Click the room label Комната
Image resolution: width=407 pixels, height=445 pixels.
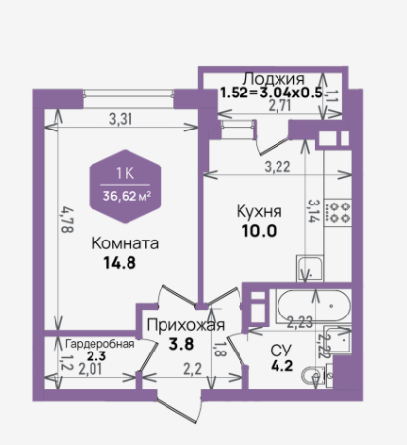click(x=126, y=243)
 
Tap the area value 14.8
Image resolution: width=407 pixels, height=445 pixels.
click(x=120, y=263)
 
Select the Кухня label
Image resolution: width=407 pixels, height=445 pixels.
click(x=259, y=211)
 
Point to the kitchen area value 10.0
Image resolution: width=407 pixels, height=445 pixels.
click(x=259, y=231)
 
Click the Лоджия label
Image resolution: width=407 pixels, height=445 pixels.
click(x=275, y=79)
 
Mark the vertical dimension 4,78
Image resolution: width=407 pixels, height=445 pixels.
click(x=68, y=220)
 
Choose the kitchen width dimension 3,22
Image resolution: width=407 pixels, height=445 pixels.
click(x=277, y=167)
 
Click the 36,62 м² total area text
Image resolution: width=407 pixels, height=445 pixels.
click(x=127, y=196)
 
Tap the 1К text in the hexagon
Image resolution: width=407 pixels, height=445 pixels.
click(x=125, y=174)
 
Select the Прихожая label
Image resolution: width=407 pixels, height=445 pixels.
click(x=186, y=325)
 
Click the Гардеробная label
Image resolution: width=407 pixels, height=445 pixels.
click(x=100, y=344)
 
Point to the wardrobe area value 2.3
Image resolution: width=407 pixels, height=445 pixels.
click(x=96, y=356)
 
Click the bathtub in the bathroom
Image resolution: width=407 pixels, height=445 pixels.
click(x=314, y=306)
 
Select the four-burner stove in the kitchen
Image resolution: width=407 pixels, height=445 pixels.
click(x=338, y=212)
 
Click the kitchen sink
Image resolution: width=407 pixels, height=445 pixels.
click(x=310, y=269)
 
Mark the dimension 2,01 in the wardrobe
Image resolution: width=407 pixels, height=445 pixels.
click(x=91, y=369)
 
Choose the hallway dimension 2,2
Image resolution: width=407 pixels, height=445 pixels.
click(x=193, y=369)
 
